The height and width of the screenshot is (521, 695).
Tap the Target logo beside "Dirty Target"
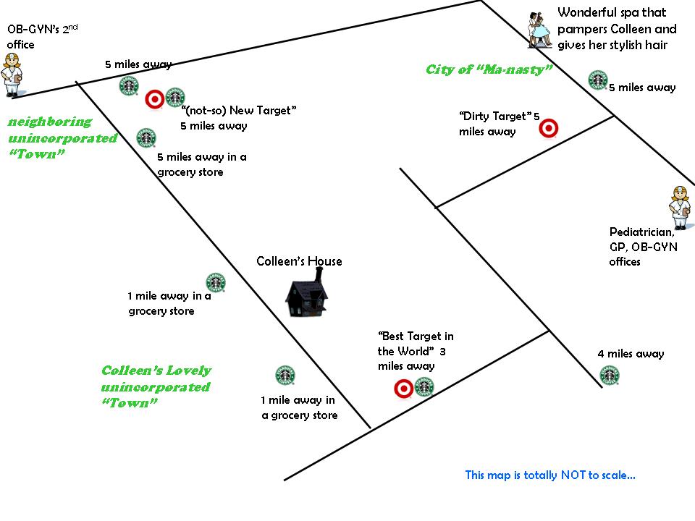click(x=549, y=128)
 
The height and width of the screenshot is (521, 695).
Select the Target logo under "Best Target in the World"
click(x=403, y=389)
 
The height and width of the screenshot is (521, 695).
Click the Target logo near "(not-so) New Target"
click(x=154, y=98)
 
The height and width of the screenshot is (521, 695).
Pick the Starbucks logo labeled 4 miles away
click(x=610, y=376)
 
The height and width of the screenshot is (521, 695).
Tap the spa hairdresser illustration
click(x=539, y=29)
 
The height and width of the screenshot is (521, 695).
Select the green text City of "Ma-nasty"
click(x=489, y=69)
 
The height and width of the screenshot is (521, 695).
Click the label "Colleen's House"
click(x=299, y=261)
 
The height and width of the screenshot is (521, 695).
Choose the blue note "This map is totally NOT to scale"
click(x=550, y=475)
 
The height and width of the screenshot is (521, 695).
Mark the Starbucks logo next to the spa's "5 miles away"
click(x=597, y=80)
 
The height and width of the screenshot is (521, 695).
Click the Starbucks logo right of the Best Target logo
click(x=424, y=387)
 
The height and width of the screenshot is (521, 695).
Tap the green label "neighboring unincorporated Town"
click(x=62, y=137)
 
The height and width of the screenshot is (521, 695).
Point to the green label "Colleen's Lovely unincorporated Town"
click(x=155, y=386)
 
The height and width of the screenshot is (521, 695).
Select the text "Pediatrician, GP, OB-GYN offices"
click(x=641, y=247)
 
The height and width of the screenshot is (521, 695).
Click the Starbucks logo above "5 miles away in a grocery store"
click(x=146, y=137)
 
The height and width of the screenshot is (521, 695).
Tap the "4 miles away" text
click(x=631, y=354)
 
